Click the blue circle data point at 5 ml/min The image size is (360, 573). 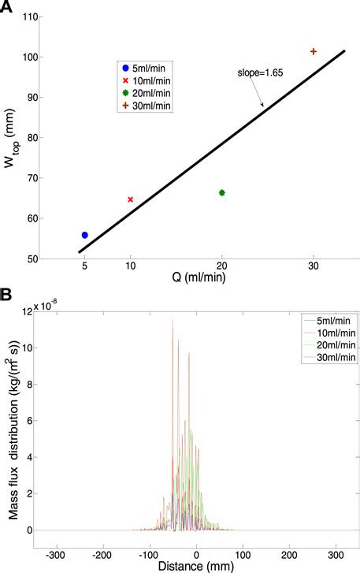coord(85,235)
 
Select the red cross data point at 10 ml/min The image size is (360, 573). coord(131,199)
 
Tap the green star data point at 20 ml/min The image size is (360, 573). coord(222,192)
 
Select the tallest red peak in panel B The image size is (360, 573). coord(173,320)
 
